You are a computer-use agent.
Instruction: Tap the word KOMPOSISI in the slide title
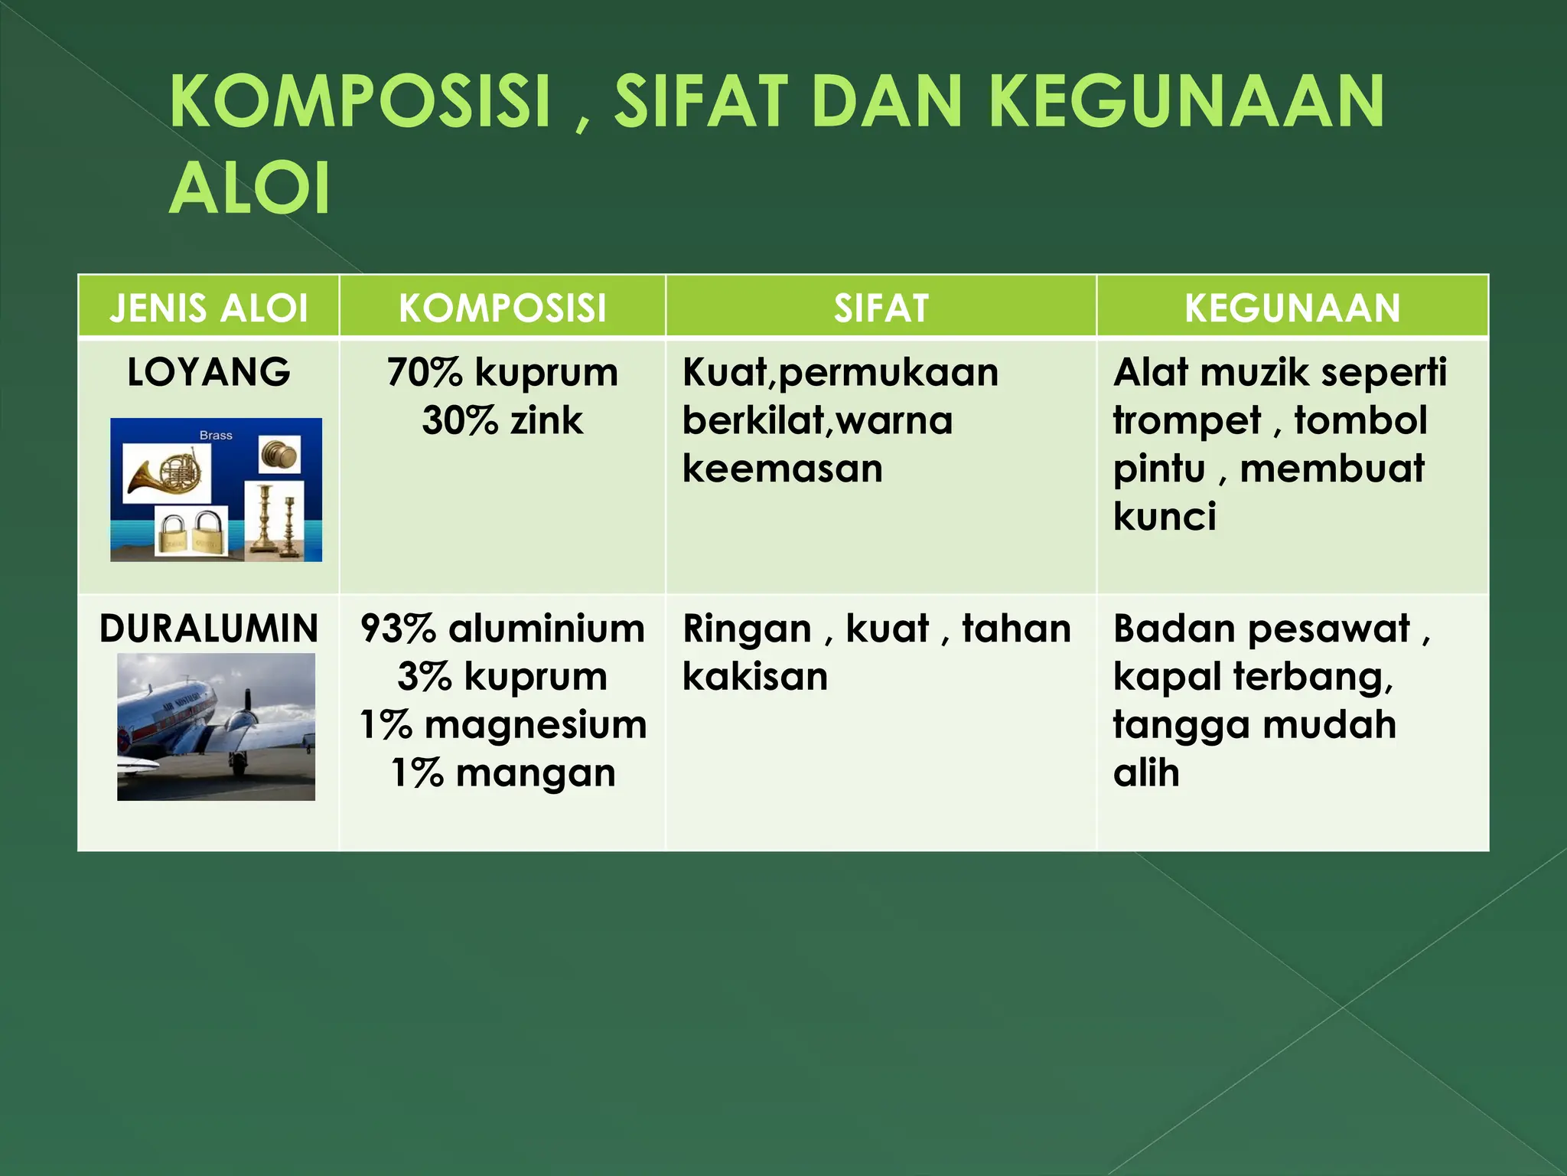pos(360,102)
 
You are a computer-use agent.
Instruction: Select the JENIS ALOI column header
pos(208,308)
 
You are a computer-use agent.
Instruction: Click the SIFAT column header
pos(881,308)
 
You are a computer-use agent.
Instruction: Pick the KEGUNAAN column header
pos(1292,308)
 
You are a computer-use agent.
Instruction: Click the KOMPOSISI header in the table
pos(503,308)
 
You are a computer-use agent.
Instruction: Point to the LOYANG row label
pos(208,373)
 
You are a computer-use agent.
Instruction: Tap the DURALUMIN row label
pos(208,629)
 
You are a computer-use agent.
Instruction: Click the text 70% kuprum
pos(503,373)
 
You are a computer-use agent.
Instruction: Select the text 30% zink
pos(503,421)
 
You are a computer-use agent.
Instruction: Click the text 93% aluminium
pos(503,629)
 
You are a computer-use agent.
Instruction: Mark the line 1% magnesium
pos(503,725)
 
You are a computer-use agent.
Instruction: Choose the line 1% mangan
pos(503,773)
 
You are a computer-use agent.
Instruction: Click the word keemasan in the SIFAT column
pos(782,469)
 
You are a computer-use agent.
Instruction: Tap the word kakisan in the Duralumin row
pos(754,677)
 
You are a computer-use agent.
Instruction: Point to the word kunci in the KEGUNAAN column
pos(1164,517)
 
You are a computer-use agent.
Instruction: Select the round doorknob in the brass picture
pos(279,455)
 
